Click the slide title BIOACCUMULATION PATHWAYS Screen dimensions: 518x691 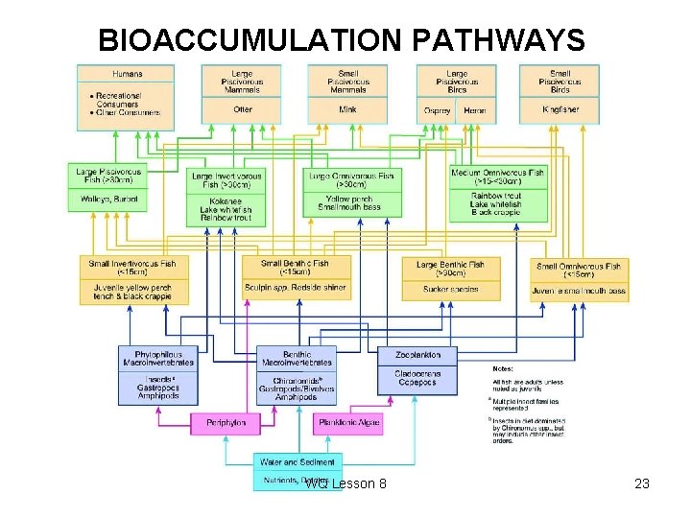click(342, 40)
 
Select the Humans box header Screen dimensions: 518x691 click(126, 74)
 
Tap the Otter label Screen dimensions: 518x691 click(242, 109)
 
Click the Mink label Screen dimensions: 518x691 click(348, 109)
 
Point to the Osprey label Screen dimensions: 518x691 click(438, 110)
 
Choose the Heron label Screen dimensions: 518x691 click(475, 110)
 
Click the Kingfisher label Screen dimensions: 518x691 click(560, 109)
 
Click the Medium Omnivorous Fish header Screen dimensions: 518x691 click(497, 177)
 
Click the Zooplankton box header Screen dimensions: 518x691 click(417, 355)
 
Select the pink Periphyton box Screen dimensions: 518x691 click(226, 422)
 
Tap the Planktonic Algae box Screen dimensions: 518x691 click(348, 422)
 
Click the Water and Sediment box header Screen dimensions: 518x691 click(298, 461)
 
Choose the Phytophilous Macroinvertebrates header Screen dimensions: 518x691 click(158, 357)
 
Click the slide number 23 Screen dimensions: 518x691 click(642, 483)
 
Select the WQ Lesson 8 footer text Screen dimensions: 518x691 click(345, 483)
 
